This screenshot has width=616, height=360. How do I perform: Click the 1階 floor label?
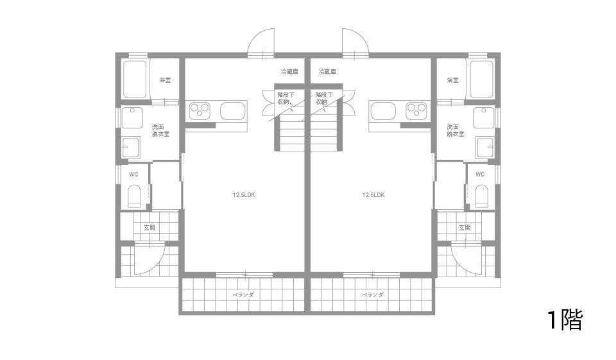[x=565, y=320]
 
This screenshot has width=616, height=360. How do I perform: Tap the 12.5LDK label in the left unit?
[x=244, y=195]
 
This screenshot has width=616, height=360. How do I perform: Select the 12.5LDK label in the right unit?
[x=373, y=195]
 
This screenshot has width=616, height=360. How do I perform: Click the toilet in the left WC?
[x=134, y=196]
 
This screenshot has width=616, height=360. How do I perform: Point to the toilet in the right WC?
[x=481, y=196]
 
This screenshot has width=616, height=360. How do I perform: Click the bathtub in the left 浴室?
[x=135, y=79]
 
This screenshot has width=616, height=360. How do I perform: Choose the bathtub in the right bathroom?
[x=481, y=79]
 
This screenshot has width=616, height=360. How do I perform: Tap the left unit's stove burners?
[x=200, y=110]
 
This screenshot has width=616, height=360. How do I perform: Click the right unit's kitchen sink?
[x=383, y=110]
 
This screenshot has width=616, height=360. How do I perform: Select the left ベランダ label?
[x=243, y=295]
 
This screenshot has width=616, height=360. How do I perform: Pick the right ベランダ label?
[x=372, y=295]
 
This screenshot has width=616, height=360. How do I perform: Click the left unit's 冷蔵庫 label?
[x=289, y=72]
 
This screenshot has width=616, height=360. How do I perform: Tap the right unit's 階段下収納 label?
[x=324, y=98]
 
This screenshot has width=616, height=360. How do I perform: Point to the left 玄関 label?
[x=150, y=228]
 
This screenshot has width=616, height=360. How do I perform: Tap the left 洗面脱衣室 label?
[x=160, y=130]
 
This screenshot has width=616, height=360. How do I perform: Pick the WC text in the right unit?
[x=480, y=175]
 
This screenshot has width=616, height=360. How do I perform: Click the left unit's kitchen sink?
[x=233, y=110]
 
